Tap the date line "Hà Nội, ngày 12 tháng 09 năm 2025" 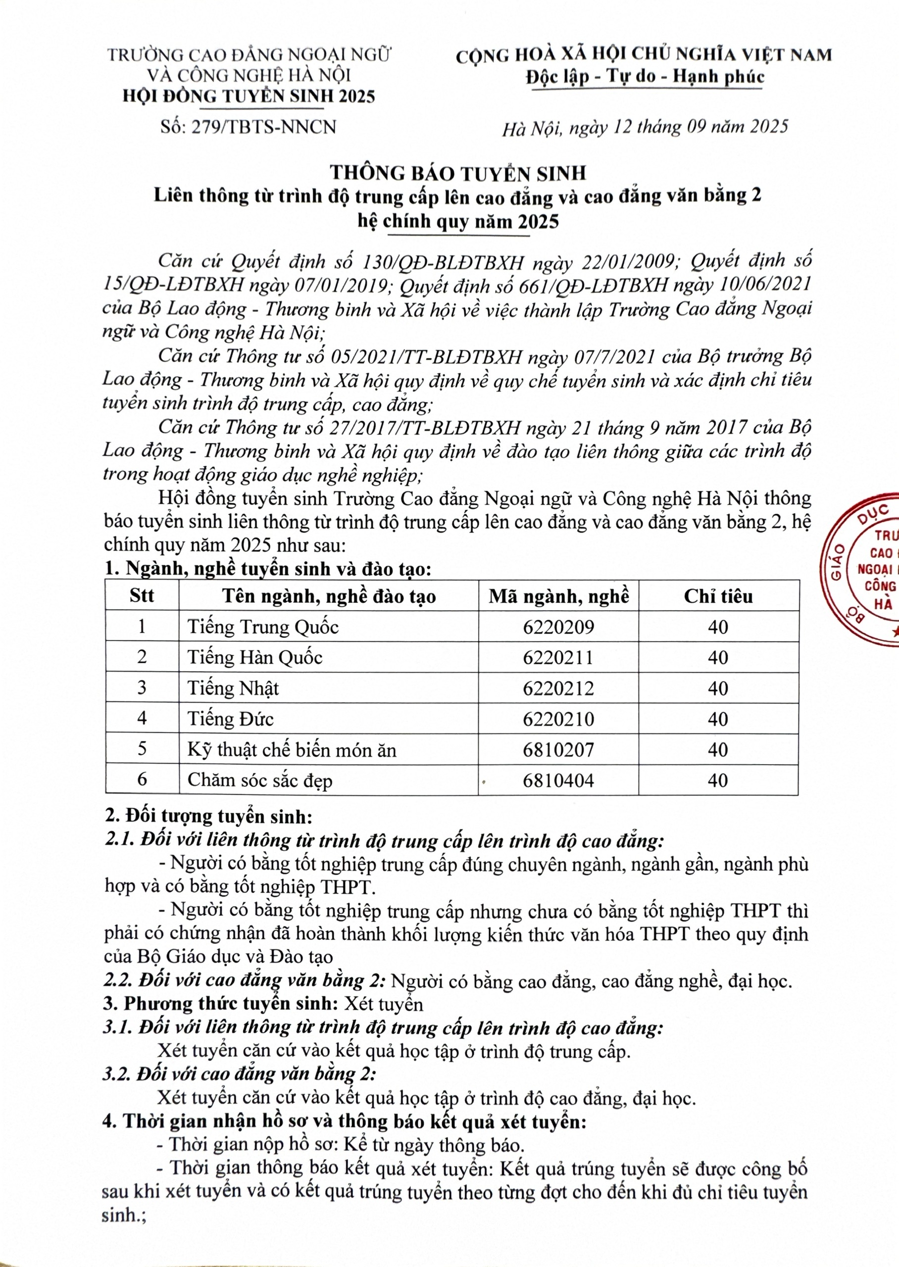tap(645, 128)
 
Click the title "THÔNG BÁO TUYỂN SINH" tap(458, 173)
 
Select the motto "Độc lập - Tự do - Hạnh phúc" tap(645, 76)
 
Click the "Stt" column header tap(142, 596)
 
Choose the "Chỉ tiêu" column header tap(718, 596)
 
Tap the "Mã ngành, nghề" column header tap(558, 596)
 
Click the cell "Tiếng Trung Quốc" tap(263, 627)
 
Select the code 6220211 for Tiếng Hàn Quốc tap(558, 658)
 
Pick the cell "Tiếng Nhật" tap(233, 688)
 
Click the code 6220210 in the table tap(558, 719)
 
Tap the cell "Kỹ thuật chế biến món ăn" tap(292, 750)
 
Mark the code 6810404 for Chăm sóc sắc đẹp tap(558, 780)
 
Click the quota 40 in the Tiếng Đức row tap(718, 719)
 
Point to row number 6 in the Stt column tap(142, 780)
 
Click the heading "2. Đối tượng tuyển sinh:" tap(209, 816)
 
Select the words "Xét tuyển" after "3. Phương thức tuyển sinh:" tap(384, 1004)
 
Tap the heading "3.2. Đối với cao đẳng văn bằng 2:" tap(239, 1074)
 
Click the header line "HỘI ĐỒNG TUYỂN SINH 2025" tap(249, 97)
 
